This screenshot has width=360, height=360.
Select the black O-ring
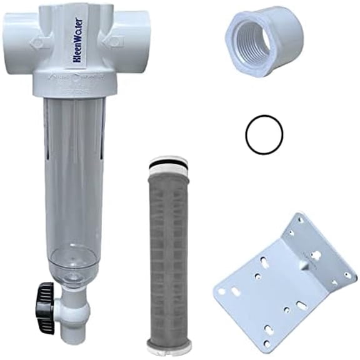[264, 132]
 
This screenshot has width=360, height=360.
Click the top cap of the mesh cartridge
[169, 166]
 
